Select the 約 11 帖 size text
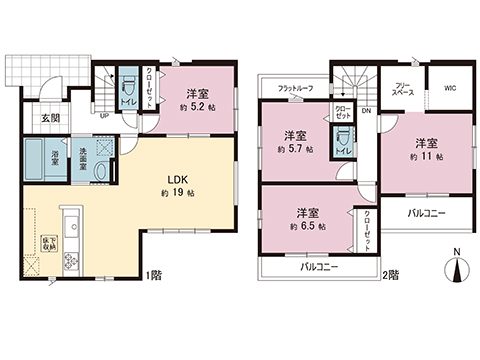tap(426, 158)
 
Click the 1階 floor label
tap(153, 274)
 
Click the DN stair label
tap(366, 110)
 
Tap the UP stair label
tap(105, 114)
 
